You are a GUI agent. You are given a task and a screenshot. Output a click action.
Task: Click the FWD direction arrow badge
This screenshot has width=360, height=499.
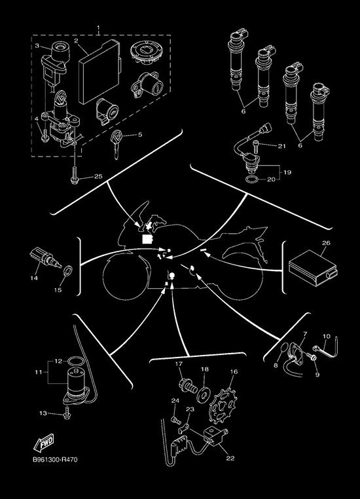pos(44,443)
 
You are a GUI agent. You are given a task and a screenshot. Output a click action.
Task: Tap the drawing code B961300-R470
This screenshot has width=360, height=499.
pos(55,460)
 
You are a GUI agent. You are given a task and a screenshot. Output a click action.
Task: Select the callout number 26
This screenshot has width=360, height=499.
pos(326,243)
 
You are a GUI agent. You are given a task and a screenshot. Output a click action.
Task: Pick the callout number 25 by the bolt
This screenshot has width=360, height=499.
pos(98,176)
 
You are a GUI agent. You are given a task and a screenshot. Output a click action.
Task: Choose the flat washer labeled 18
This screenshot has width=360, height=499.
pos(202,395)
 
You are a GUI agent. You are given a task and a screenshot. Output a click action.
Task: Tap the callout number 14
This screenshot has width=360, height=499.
pos(34,278)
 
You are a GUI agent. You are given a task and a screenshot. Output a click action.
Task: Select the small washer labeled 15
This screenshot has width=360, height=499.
pos(67,271)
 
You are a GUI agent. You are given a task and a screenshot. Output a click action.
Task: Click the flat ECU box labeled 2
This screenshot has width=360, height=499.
pos(99,71)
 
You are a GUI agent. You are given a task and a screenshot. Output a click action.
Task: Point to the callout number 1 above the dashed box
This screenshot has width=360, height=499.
pos(98,28)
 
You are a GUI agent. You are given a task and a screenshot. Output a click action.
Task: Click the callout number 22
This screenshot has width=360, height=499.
pos(230,458)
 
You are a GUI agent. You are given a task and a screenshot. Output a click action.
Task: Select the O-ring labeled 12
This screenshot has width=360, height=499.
pos(75,361)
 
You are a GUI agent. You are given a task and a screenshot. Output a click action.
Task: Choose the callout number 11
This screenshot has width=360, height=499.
pos(39,372)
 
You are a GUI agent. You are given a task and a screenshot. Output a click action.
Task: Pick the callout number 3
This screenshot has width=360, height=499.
pos(37,45)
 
